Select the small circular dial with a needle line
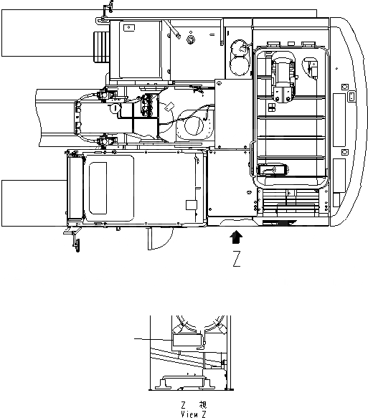(x=115, y=108)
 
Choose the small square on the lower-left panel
(x=189, y=205)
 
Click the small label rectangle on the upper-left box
(x=128, y=28)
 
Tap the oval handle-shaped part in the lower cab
(x=273, y=169)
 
